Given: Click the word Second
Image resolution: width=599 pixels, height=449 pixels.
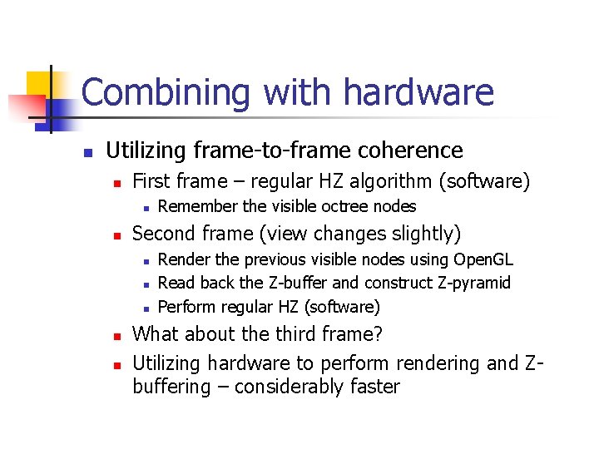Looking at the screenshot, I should [164, 234].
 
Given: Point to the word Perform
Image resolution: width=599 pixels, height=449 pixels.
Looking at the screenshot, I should [186, 307].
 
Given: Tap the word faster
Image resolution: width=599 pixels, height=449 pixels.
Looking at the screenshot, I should [372, 387].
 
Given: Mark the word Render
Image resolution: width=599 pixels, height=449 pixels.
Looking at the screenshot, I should [182, 259].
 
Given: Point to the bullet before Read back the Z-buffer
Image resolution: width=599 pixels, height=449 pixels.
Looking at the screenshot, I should [145, 284].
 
